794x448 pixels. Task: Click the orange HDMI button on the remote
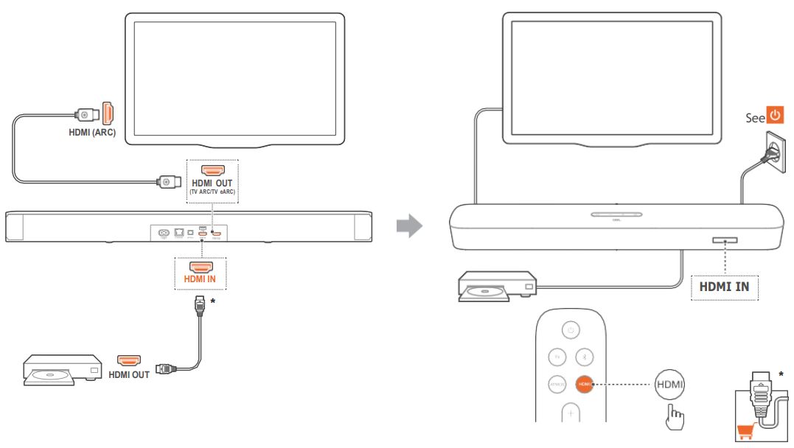[x=585, y=385]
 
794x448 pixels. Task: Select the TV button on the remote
[x=557, y=357]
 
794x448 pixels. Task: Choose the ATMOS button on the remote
[x=557, y=385]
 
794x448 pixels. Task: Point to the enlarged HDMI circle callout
[x=670, y=385]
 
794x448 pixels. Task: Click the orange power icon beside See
[x=774, y=116]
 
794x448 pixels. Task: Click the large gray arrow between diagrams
[x=409, y=225]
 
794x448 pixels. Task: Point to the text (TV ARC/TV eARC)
[x=212, y=193]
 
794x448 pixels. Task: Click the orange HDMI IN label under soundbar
[x=201, y=280]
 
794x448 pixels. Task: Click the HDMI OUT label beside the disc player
[x=129, y=374]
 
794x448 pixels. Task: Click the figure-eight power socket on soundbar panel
[x=164, y=233]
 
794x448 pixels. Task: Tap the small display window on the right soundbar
[x=725, y=241]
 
